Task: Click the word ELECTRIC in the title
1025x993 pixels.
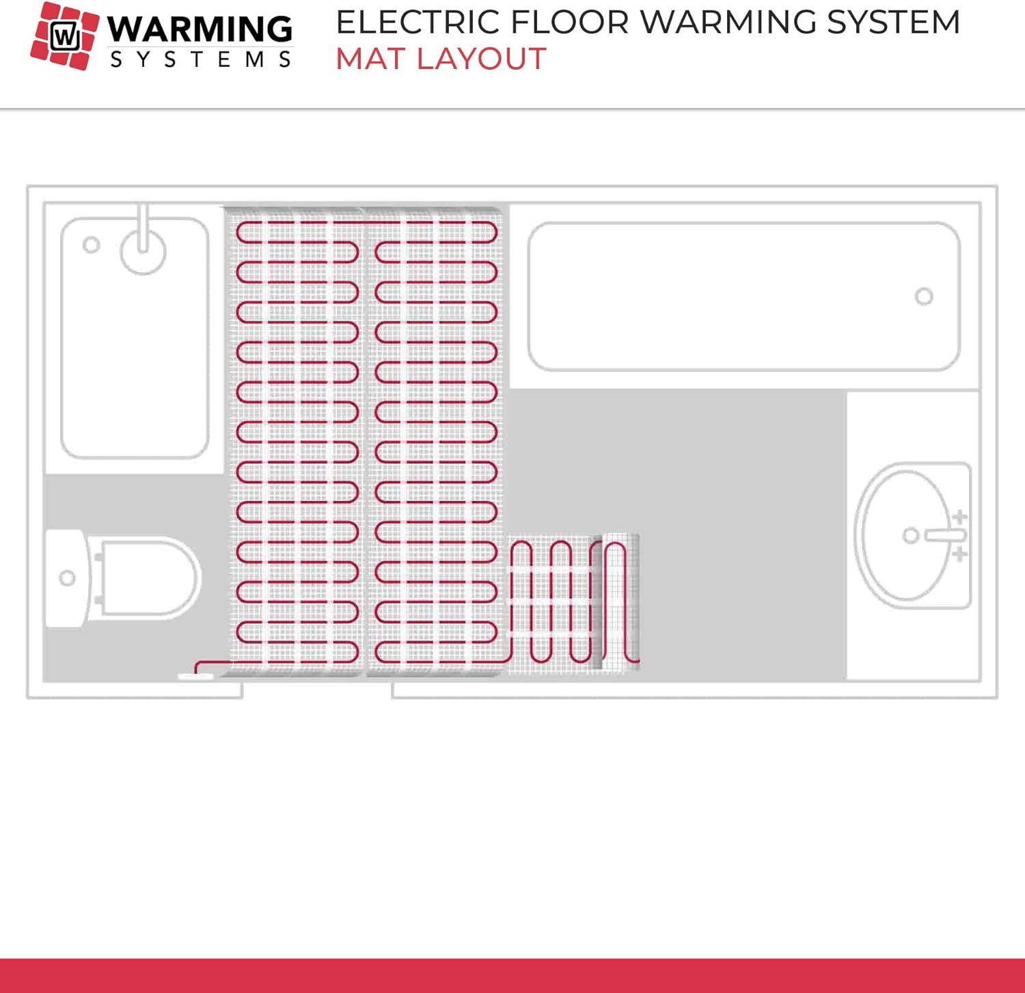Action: [x=418, y=23]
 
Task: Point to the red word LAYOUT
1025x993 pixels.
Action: [x=482, y=59]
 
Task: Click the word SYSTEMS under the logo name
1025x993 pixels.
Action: [x=200, y=60]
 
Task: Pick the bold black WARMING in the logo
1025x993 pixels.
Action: [x=200, y=29]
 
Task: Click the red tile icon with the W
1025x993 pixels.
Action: [x=65, y=35]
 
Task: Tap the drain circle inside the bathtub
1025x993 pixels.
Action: [x=924, y=297]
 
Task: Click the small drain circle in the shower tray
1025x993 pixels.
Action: [x=91, y=245]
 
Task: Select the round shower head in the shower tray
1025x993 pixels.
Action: [x=143, y=251]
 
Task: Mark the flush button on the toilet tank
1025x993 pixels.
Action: [x=67, y=578]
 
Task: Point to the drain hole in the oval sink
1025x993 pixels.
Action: [x=910, y=536]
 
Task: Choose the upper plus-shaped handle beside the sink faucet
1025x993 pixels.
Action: [x=960, y=517]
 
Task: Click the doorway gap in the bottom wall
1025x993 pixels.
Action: [x=317, y=690]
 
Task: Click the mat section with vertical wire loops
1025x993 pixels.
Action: [x=574, y=601]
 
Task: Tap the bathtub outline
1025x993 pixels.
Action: [x=743, y=297]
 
